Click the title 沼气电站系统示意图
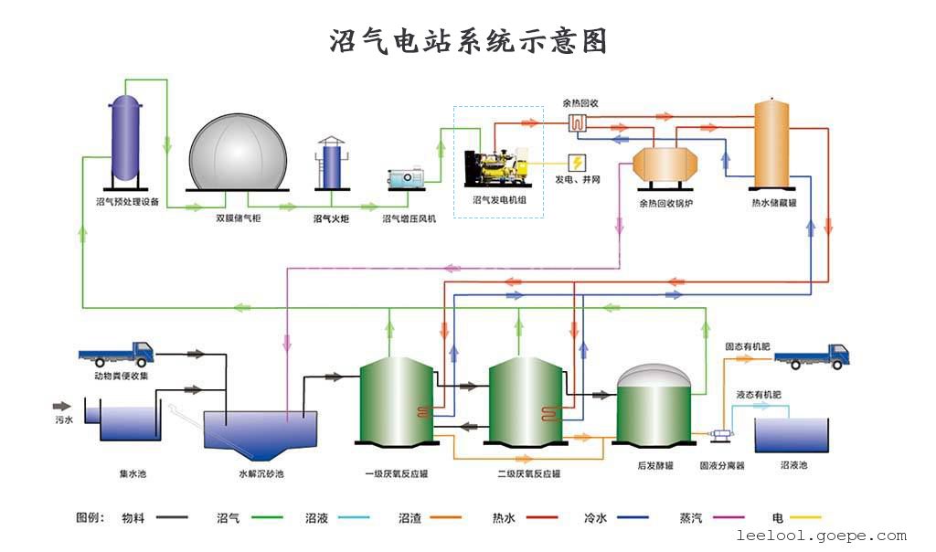468,40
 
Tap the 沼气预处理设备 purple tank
125,140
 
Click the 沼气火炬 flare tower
331,163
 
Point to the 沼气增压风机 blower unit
406,178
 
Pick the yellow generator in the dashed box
496,168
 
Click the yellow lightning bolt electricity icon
578,163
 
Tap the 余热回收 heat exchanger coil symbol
578,123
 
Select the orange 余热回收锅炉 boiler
665,165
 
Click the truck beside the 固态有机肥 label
812,356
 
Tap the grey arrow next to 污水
62,407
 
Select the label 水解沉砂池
261,473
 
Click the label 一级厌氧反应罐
397,473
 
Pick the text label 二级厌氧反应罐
529,473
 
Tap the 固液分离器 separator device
722,434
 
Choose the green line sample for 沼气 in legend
267,517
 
